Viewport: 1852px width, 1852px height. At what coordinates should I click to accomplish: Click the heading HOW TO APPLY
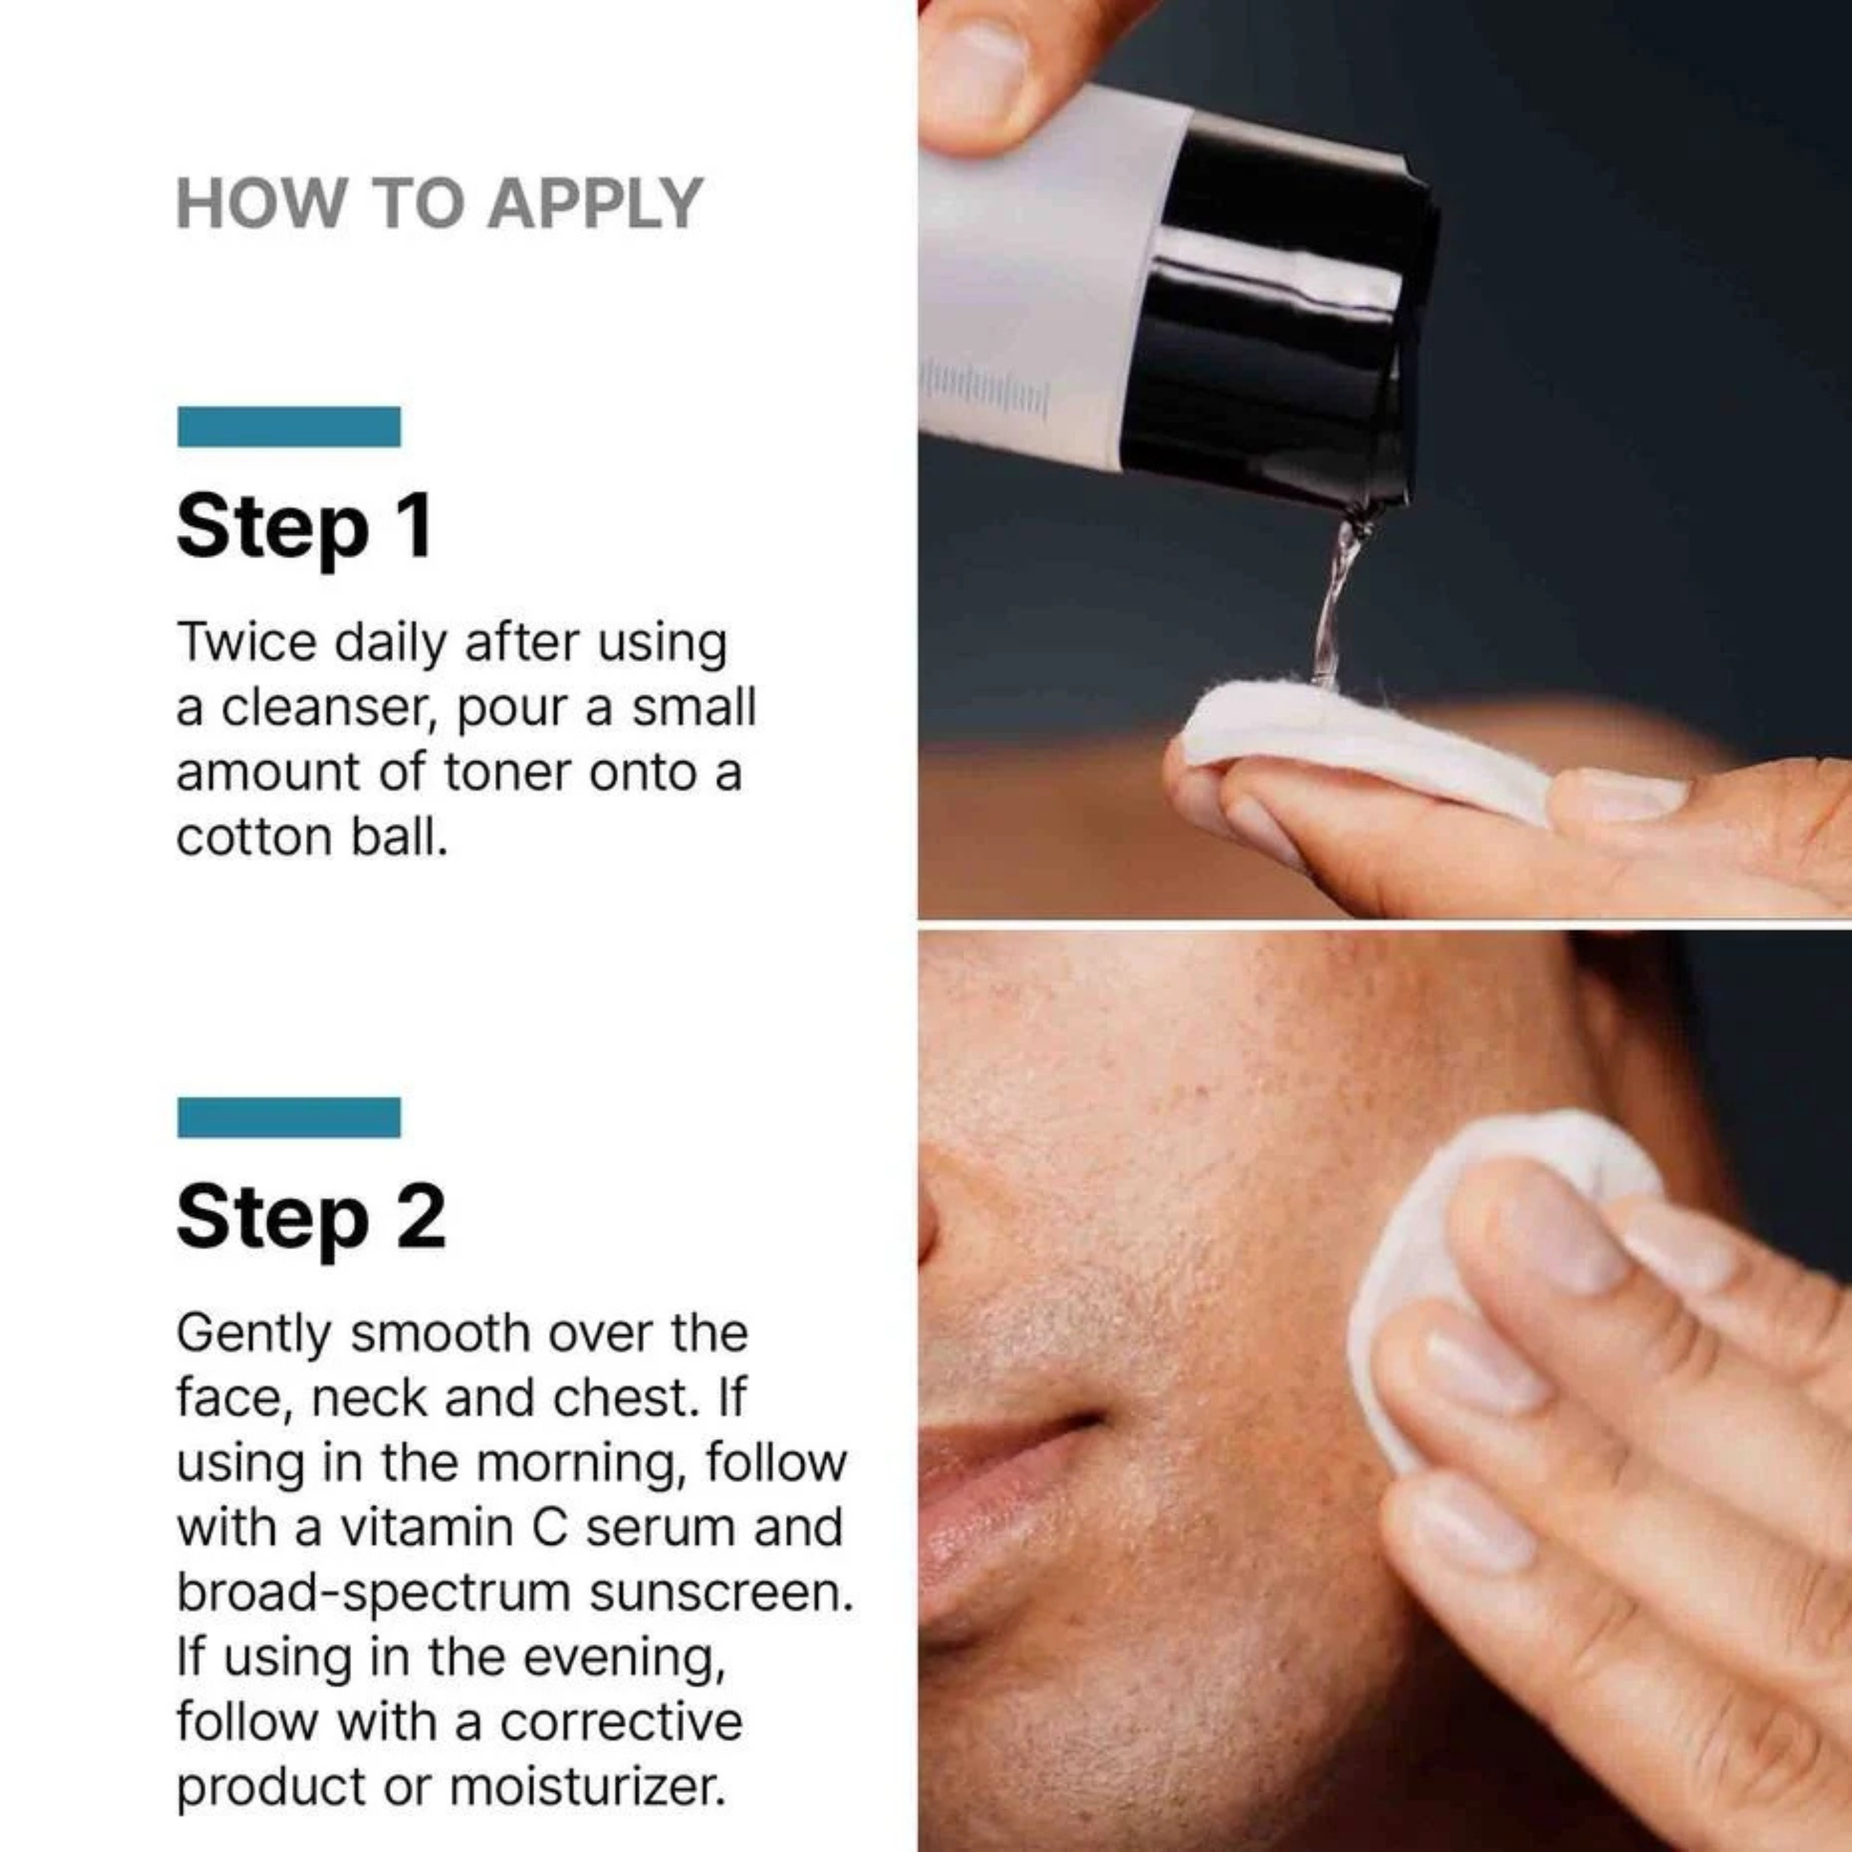(x=439, y=204)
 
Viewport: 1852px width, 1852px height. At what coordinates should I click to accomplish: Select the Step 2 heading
(x=311, y=1216)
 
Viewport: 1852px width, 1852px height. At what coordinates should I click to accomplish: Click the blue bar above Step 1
(x=289, y=427)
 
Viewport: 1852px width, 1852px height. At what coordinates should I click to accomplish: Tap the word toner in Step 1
(x=507, y=772)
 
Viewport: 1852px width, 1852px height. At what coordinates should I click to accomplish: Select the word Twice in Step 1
(x=246, y=641)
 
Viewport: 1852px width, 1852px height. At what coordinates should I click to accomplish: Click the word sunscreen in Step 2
(x=720, y=1592)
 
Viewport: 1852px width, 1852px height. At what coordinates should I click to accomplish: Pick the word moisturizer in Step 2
(x=586, y=1786)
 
